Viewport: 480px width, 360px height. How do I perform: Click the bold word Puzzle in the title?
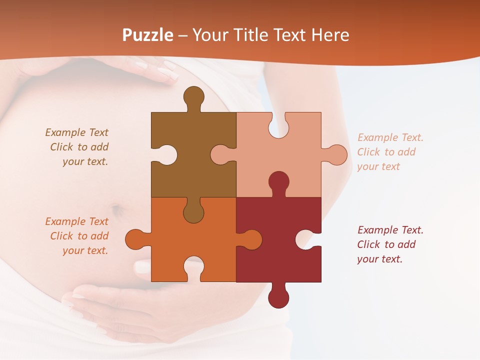coord(148,35)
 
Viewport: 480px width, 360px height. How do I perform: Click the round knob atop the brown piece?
coord(193,95)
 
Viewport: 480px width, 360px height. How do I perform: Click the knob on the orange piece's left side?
coord(134,239)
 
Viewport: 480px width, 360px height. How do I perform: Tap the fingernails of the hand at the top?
coord(167,72)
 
